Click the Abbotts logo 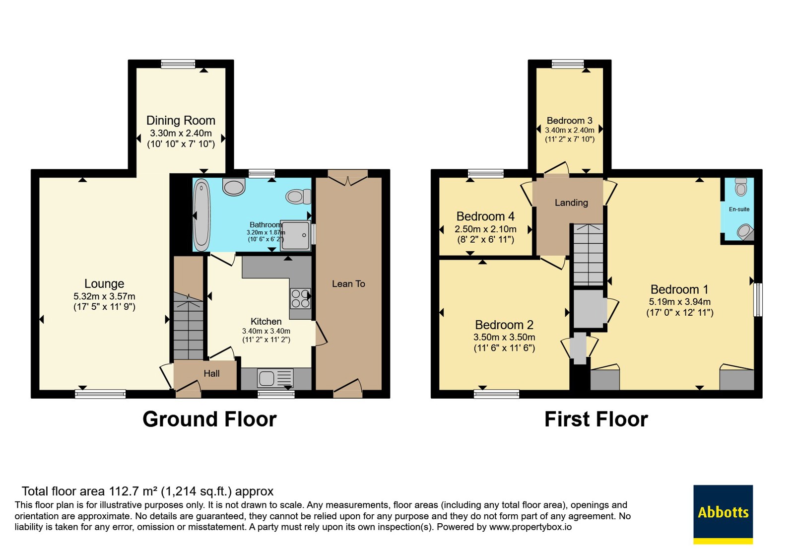click(723, 514)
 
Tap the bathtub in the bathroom click(202, 215)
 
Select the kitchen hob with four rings click(300, 298)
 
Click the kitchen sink click(275, 378)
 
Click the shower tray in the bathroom click(296, 235)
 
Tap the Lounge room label click(104, 283)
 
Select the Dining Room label click(181, 121)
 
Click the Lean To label click(348, 283)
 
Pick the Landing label click(571, 203)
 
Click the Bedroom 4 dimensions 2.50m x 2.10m click(485, 229)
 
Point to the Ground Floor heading click(209, 419)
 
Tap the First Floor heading click(596, 419)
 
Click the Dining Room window click(178, 64)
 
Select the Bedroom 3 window click(568, 64)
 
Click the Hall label click(211, 373)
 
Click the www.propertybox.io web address click(530, 527)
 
